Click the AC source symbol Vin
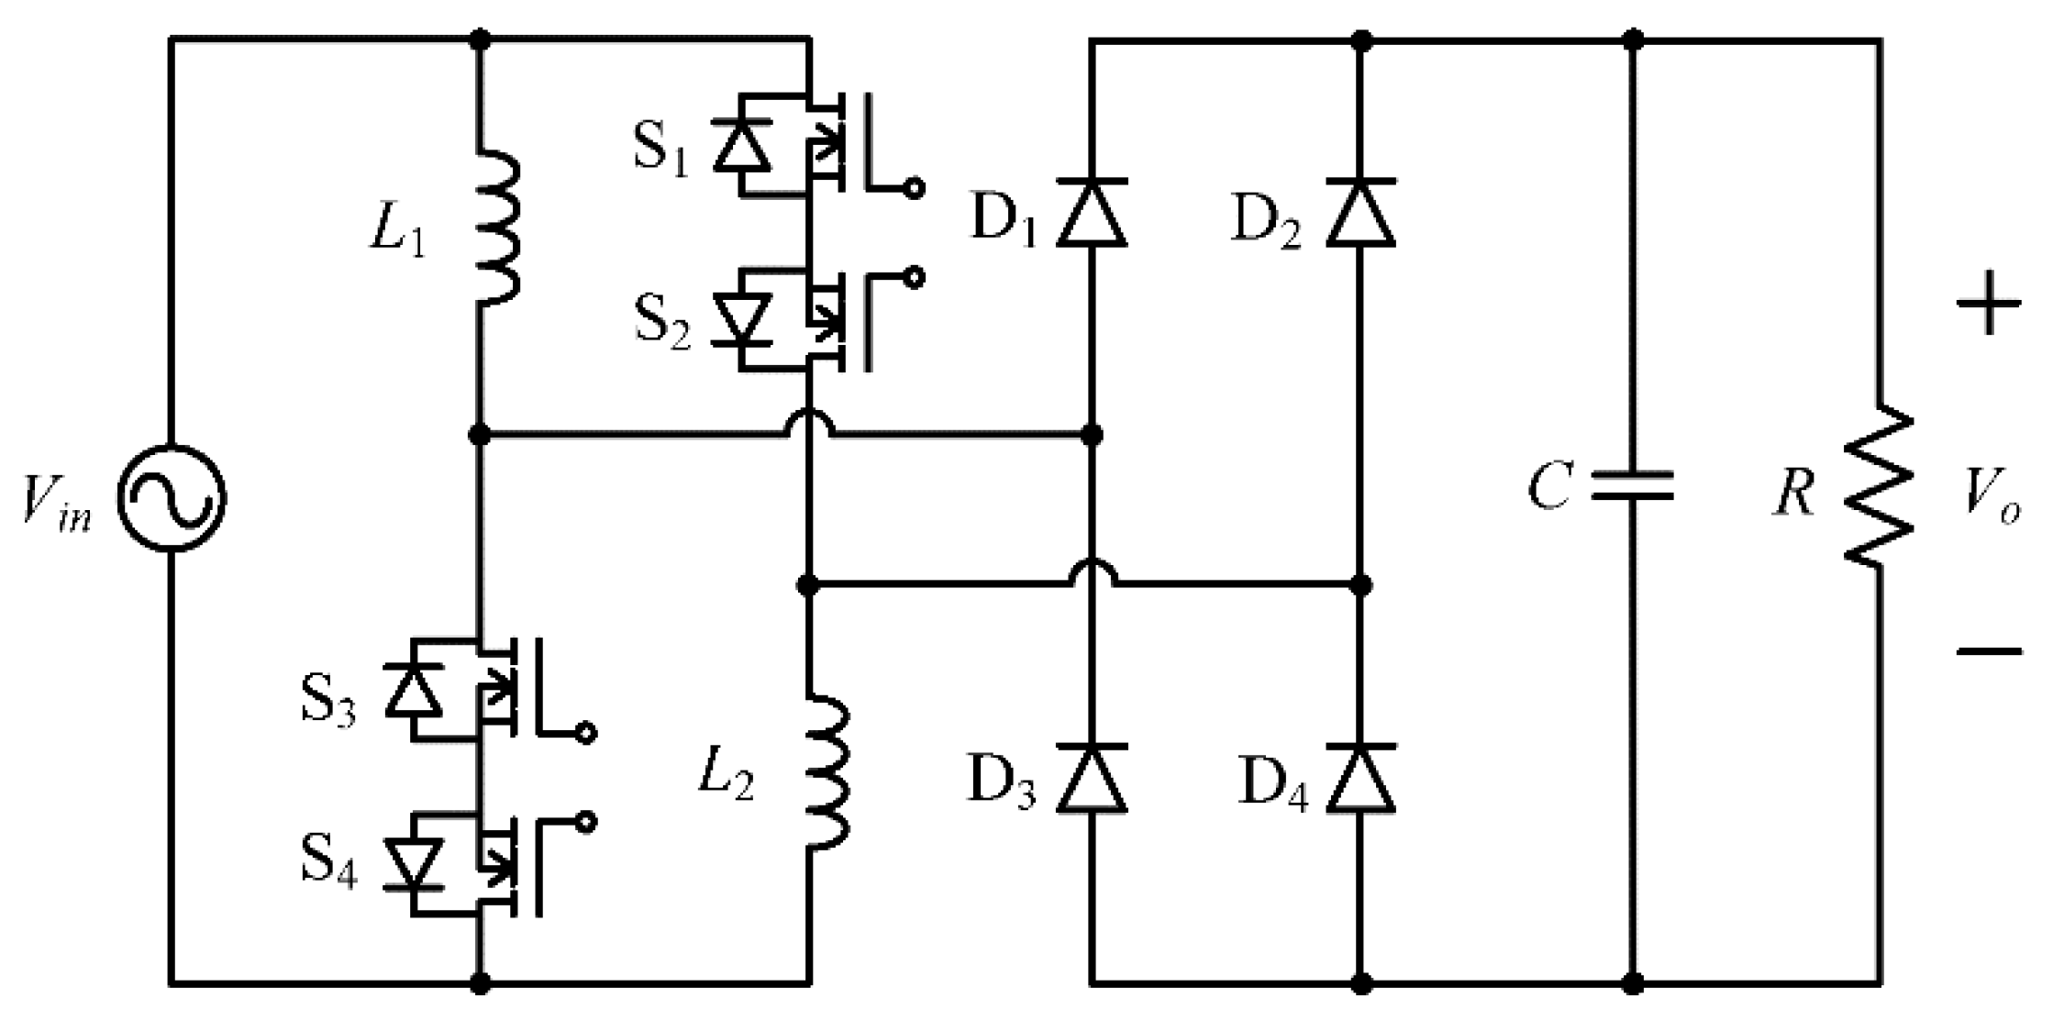(x=172, y=499)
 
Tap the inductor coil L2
(x=828, y=771)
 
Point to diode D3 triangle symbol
(x=1091, y=779)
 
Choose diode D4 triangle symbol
(x=1360, y=779)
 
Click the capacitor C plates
(x=1633, y=486)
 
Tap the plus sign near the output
(x=1989, y=303)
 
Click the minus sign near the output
(x=1989, y=651)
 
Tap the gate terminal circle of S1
(x=915, y=189)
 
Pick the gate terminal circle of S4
(x=585, y=822)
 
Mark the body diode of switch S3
(x=413, y=690)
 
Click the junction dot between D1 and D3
(x=1091, y=434)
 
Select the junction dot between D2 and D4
(x=1361, y=584)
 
